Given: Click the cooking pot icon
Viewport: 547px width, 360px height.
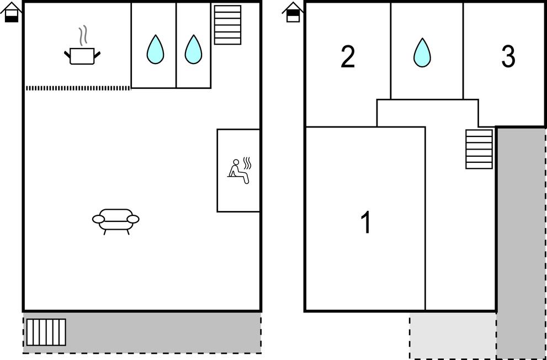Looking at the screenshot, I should click(x=83, y=56).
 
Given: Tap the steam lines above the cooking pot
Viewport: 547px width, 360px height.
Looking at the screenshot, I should click(x=83, y=36).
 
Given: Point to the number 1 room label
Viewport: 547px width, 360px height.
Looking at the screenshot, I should click(x=365, y=223).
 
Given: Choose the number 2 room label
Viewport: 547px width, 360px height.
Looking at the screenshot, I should click(x=348, y=56).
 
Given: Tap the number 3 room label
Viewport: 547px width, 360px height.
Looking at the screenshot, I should click(x=508, y=56).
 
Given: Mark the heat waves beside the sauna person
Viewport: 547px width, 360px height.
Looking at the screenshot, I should click(x=247, y=163).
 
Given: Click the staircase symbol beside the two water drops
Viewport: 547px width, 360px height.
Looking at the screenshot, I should click(x=227, y=25).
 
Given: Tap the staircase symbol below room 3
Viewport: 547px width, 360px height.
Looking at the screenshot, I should click(x=479, y=149).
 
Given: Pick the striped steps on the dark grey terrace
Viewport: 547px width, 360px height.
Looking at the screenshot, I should click(x=46, y=332).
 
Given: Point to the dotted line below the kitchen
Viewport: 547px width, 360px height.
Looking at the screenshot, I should click(x=78, y=88).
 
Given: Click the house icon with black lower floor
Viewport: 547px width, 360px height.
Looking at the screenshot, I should click(x=12, y=13).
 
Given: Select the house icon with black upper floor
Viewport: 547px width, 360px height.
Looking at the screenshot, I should click(x=293, y=13).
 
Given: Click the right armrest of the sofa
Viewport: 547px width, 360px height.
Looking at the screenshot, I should click(x=133, y=219).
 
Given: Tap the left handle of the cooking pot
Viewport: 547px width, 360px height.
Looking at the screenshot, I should click(x=67, y=54).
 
